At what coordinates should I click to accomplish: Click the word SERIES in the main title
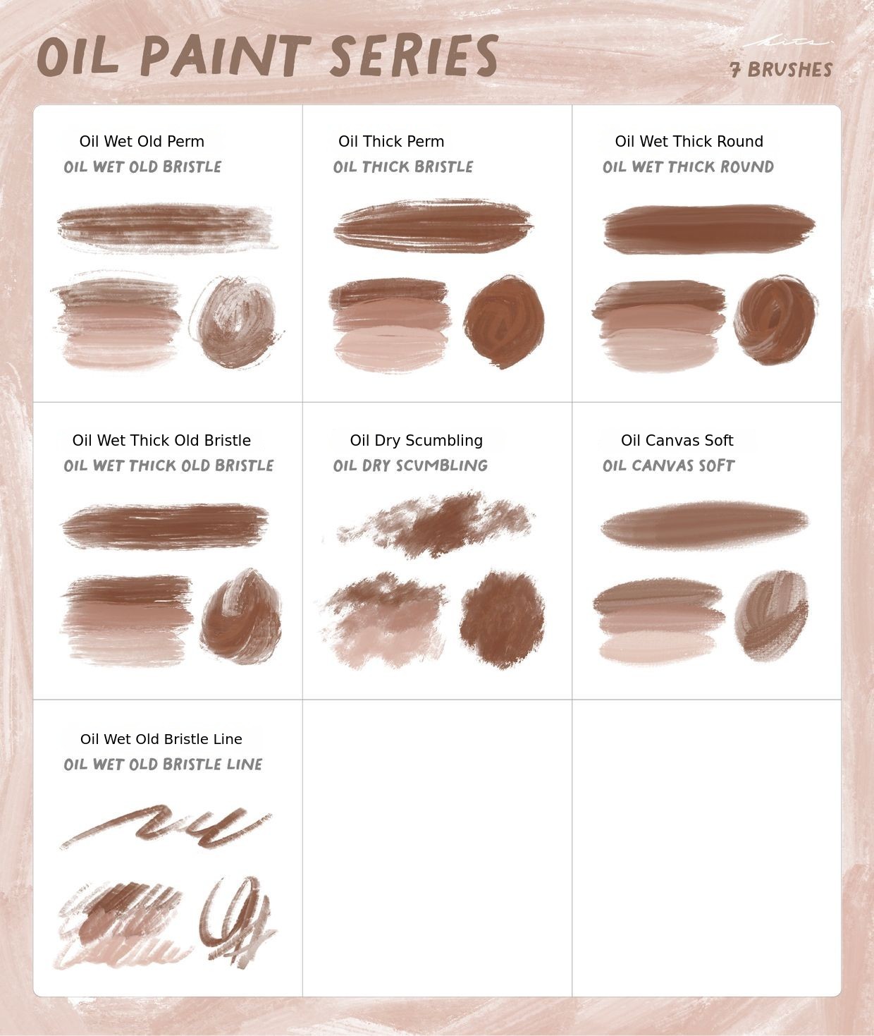pyautogui.click(x=414, y=56)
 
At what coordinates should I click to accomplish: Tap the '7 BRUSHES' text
pyautogui.click(x=781, y=70)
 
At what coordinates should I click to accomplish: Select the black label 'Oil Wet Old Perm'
pyautogui.click(x=142, y=142)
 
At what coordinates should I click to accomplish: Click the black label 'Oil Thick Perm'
pyautogui.click(x=391, y=142)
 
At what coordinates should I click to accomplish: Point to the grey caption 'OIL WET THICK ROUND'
pyautogui.click(x=688, y=166)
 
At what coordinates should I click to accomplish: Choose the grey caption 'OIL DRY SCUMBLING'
pyautogui.click(x=410, y=465)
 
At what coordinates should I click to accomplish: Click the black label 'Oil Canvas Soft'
pyautogui.click(x=677, y=440)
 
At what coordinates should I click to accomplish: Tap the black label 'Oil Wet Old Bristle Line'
pyautogui.click(x=161, y=739)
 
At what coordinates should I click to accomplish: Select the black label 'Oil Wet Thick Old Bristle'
pyautogui.click(x=161, y=440)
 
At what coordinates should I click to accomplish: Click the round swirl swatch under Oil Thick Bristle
pyautogui.click(x=504, y=322)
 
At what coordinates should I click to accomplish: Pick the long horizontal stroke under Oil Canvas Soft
pyautogui.click(x=705, y=525)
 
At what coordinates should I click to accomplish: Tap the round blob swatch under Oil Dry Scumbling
pyautogui.click(x=503, y=619)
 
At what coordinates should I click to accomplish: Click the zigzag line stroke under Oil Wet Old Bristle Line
pyautogui.click(x=166, y=827)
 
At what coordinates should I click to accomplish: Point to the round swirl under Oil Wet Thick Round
pyautogui.click(x=775, y=320)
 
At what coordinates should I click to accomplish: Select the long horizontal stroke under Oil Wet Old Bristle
pyautogui.click(x=166, y=228)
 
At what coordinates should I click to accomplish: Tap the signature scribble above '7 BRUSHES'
pyautogui.click(x=788, y=43)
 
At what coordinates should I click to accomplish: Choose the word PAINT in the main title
pyautogui.click(x=226, y=56)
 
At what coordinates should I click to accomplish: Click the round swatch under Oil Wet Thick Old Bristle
pyautogui.click(x=241, y=617)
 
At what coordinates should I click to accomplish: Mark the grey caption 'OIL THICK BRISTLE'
pyautogui.click(x=402, y=166)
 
